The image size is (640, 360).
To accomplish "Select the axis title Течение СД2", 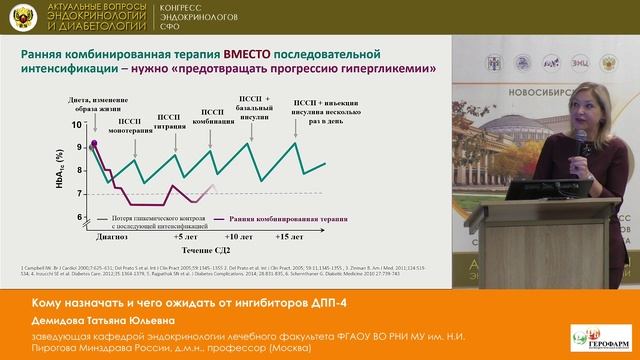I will tap(206, 249).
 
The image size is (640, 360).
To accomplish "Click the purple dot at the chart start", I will tap(95, 145).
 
